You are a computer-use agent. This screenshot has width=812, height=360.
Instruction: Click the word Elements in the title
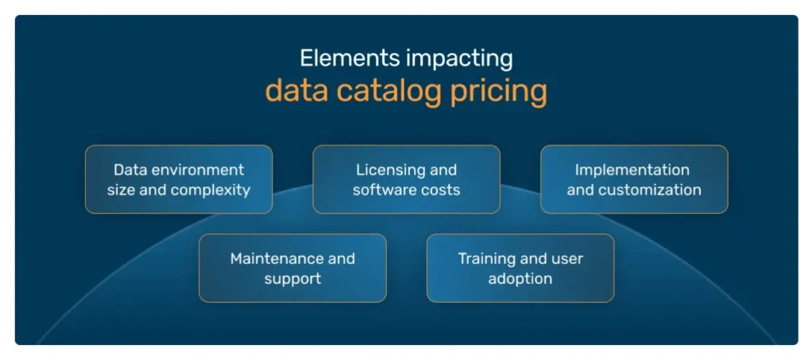[339, 59]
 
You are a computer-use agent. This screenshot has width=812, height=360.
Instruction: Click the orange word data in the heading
[297, 91]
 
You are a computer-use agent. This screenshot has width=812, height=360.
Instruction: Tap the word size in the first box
[122, 190]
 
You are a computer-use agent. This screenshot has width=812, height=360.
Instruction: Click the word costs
[441, 190]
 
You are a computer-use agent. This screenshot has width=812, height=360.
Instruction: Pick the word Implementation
[632, 170]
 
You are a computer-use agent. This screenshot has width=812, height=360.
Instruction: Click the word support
[293, 279]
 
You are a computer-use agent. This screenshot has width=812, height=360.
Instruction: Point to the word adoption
[520, 279]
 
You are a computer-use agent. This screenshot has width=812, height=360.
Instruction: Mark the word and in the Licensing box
[443, 170]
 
